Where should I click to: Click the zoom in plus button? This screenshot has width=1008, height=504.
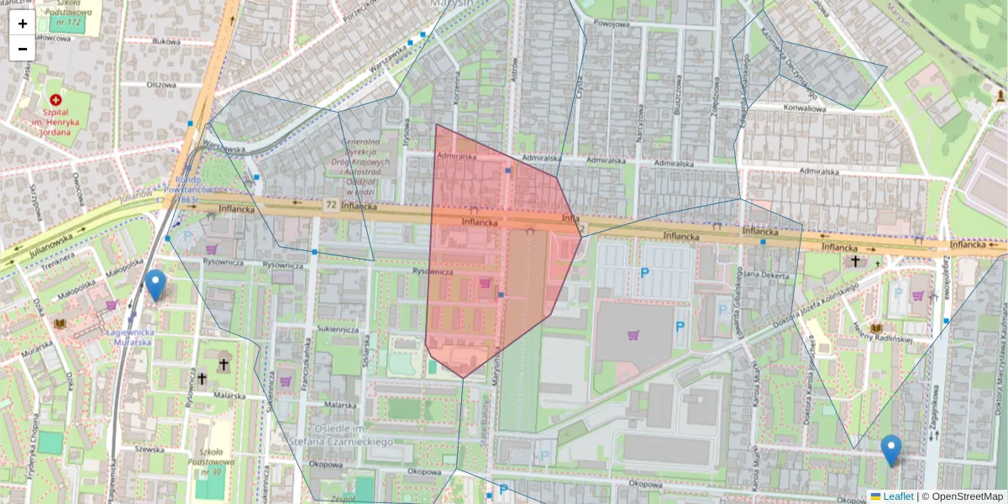(x=23, y=24)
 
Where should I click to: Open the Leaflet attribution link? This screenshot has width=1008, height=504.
(x=898, y=496)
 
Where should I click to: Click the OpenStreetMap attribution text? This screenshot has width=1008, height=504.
(x=967, y=496)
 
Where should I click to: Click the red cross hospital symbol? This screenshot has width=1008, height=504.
(x=56, y=100)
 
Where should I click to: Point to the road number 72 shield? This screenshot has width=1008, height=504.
(x=332, y=204)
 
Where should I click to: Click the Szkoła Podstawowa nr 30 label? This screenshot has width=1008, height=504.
(x=205, y=463)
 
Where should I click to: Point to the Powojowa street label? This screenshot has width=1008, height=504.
(x=611, y=24)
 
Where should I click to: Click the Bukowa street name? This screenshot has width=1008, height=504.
(x=167, y=40)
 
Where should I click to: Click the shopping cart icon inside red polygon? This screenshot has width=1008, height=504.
(x=485, y=283)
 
